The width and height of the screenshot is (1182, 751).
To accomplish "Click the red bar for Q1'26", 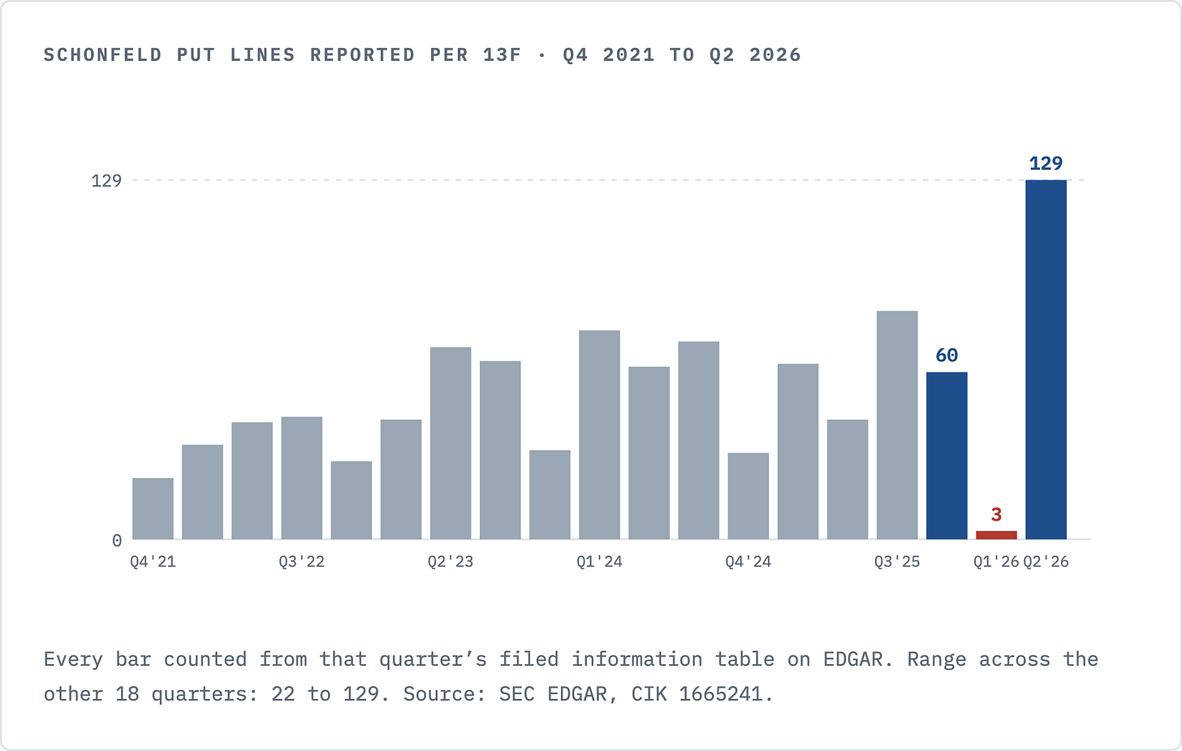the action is coord(996,535).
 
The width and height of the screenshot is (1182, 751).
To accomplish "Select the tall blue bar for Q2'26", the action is coord(1046,360).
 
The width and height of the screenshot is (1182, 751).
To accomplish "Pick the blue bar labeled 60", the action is coord(947,455).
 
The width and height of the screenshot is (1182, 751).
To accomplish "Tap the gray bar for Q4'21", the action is coord(153,509).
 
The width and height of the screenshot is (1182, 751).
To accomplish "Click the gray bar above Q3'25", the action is coord(897,425).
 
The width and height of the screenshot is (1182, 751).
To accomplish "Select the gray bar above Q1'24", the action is coord(599,435).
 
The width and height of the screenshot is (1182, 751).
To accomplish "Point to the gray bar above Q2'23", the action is coord(451,443).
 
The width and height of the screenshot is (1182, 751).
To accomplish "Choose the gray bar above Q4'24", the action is coord(748,496).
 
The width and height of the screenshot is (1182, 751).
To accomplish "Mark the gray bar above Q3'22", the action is coord(302,478).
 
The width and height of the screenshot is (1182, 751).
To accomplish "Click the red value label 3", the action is coord(996,514).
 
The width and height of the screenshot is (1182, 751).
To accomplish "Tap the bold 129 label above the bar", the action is coord(1046,163).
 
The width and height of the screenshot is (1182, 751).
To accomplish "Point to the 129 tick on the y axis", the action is coord(106,180).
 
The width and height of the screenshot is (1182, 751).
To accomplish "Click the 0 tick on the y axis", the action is coord(117,541).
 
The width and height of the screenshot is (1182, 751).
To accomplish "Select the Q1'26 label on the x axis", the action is coord(996,562).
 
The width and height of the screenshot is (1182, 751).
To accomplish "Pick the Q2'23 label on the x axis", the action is coord(451,562).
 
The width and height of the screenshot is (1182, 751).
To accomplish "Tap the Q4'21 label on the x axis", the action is coord(153,562).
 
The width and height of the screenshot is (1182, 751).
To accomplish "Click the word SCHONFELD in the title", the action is coord(103,55).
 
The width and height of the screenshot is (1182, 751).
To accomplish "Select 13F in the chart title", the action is coord(503,55).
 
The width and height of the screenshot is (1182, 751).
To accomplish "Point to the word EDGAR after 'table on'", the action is coord(852,659).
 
